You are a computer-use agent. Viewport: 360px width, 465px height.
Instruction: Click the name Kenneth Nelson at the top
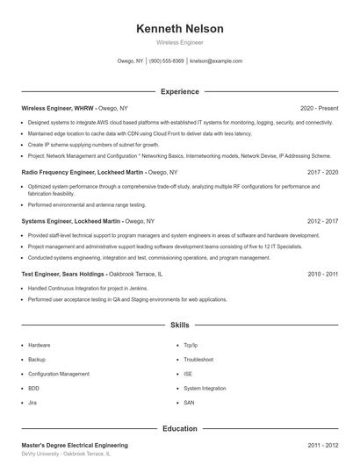tap(179, 28)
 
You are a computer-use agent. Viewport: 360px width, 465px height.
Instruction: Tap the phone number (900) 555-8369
tap(167, 61)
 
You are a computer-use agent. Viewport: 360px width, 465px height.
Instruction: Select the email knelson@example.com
tap(216, 61)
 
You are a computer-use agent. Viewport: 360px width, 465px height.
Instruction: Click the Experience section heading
tap(179, 91)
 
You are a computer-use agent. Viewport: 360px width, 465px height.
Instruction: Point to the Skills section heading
tap(179, 325)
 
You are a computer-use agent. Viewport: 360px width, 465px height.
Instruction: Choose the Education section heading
tap(179, 429)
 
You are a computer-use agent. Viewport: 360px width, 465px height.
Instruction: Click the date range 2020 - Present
tap(319, 108)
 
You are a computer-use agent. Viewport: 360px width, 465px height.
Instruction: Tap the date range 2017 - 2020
tap(322, 173)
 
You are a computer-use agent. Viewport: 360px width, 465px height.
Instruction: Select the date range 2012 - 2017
tap(322, 222)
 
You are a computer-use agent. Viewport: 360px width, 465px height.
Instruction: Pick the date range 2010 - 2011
tap(322, 275)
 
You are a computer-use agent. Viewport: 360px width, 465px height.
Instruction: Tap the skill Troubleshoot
tap(198, 360)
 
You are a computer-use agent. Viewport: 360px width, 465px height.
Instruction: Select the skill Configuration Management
tap(59, 374)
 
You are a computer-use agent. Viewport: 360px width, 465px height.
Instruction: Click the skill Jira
tap(32, 402)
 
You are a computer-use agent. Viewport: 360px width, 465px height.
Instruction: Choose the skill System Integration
tap(205, 388)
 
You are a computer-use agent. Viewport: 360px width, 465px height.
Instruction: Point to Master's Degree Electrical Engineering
tap(75, 446)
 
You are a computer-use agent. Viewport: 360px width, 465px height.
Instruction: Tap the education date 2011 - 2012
tap(322, 446)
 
